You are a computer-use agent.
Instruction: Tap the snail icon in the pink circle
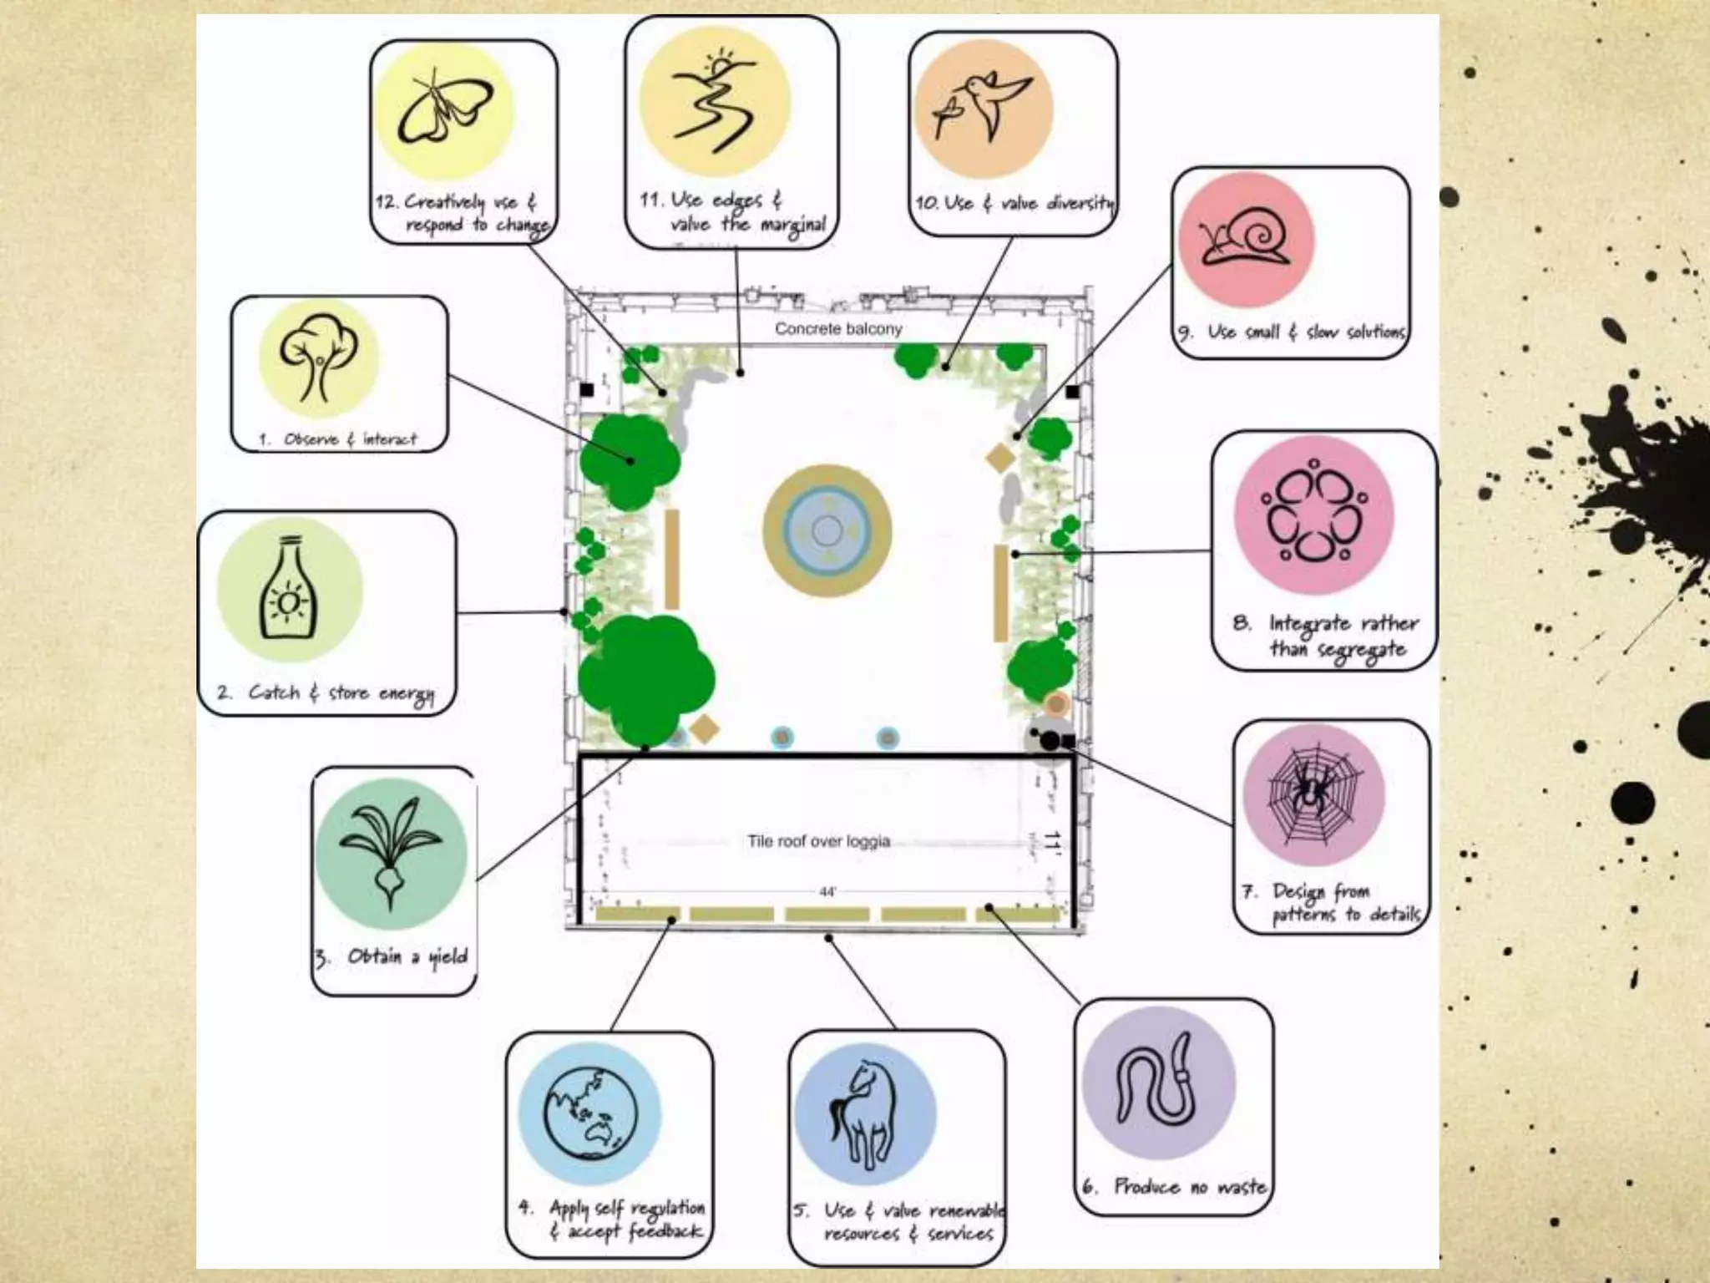tap(1244, 241)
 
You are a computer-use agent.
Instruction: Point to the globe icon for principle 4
tap(589, 1113)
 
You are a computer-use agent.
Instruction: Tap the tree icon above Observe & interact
tap(318, 357)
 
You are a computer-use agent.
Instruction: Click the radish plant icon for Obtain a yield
tap(391, 852)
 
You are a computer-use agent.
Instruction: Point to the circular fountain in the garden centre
tap(827, 530)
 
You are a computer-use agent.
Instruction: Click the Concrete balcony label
tap(838, 329)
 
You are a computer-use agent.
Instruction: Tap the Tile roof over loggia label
tap(818, 841)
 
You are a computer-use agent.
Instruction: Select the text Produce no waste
tap(1190, 1186)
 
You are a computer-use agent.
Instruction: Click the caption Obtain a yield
tap(407, 956)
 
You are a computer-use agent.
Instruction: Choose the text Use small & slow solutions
tap(1305, 332)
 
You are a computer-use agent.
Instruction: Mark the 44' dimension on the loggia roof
tap(827, 892)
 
